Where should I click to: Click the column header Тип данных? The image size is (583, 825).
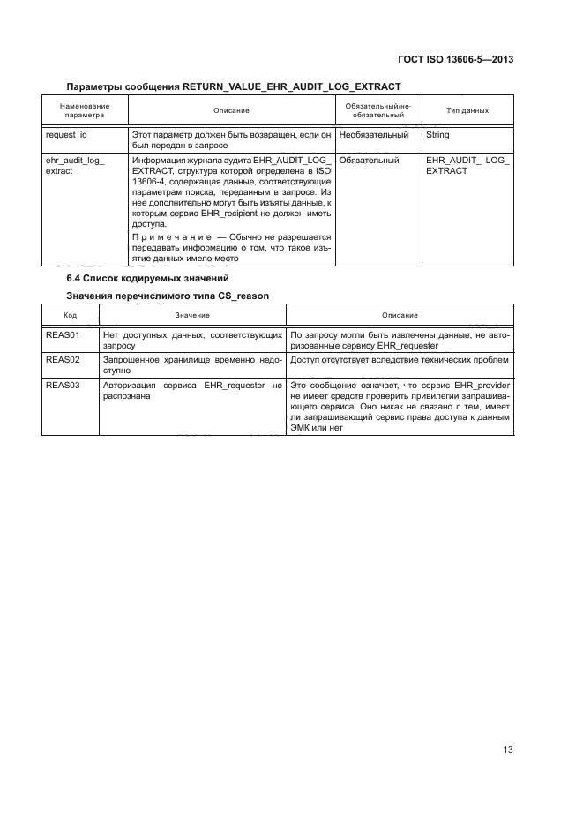(x=467, y=110)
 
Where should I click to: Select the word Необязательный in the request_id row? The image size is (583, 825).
(x=374, y=136)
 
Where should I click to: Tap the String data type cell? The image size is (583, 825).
(x=437, y=136)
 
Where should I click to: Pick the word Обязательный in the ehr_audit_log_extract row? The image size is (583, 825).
(x=369, y=161)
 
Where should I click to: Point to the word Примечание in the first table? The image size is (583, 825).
(x=167, y=237)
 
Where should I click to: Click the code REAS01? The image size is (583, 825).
(x=63, y=335)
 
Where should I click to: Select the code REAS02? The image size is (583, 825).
(x=63, y=361)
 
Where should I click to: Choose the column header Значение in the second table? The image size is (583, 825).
(x=191, y=315)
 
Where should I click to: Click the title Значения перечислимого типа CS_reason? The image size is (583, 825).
(x=162, y=296)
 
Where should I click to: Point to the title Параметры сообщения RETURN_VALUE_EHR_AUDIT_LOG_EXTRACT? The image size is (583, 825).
(x=234, y=86)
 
